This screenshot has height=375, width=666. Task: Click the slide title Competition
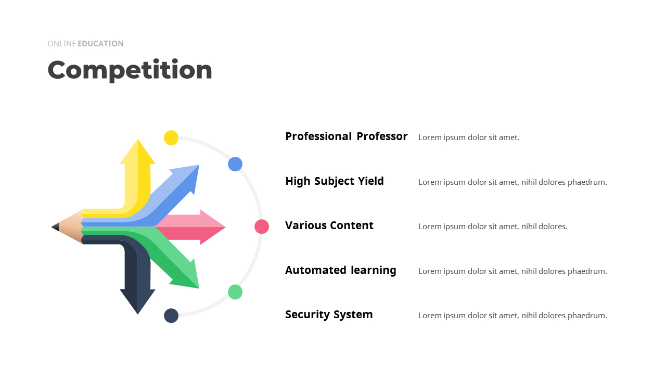pos(130,70)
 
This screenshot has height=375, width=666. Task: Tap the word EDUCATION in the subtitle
pos(101,44)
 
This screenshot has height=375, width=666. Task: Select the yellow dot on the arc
pos(171,138)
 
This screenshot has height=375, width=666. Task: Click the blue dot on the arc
pos(235,164)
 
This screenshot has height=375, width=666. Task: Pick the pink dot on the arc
pos(262,227)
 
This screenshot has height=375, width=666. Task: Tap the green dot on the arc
pos(235,292)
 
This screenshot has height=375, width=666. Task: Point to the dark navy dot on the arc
pos(171,316)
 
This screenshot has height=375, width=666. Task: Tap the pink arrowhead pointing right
pos(212,227)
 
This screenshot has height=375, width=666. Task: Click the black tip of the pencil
pos(55,227)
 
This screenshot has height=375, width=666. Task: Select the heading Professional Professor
pos(347,136)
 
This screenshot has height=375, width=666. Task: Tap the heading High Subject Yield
pos(335,181)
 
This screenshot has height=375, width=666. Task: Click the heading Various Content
pos(329,226)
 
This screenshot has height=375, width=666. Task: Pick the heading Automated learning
pos(341,270)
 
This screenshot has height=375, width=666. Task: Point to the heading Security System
pos(329,315)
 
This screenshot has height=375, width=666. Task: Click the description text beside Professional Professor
pos(469,137)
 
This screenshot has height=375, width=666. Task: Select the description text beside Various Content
pos(493,227)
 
